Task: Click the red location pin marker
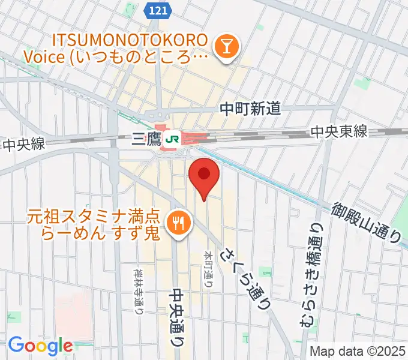click(204, 175)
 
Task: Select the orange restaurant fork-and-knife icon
click(178, 223)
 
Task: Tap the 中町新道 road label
click(250, 109)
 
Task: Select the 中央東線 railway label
click(339, 132)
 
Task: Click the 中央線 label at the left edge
click(24, 145)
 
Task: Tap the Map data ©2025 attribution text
click(358, 351)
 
